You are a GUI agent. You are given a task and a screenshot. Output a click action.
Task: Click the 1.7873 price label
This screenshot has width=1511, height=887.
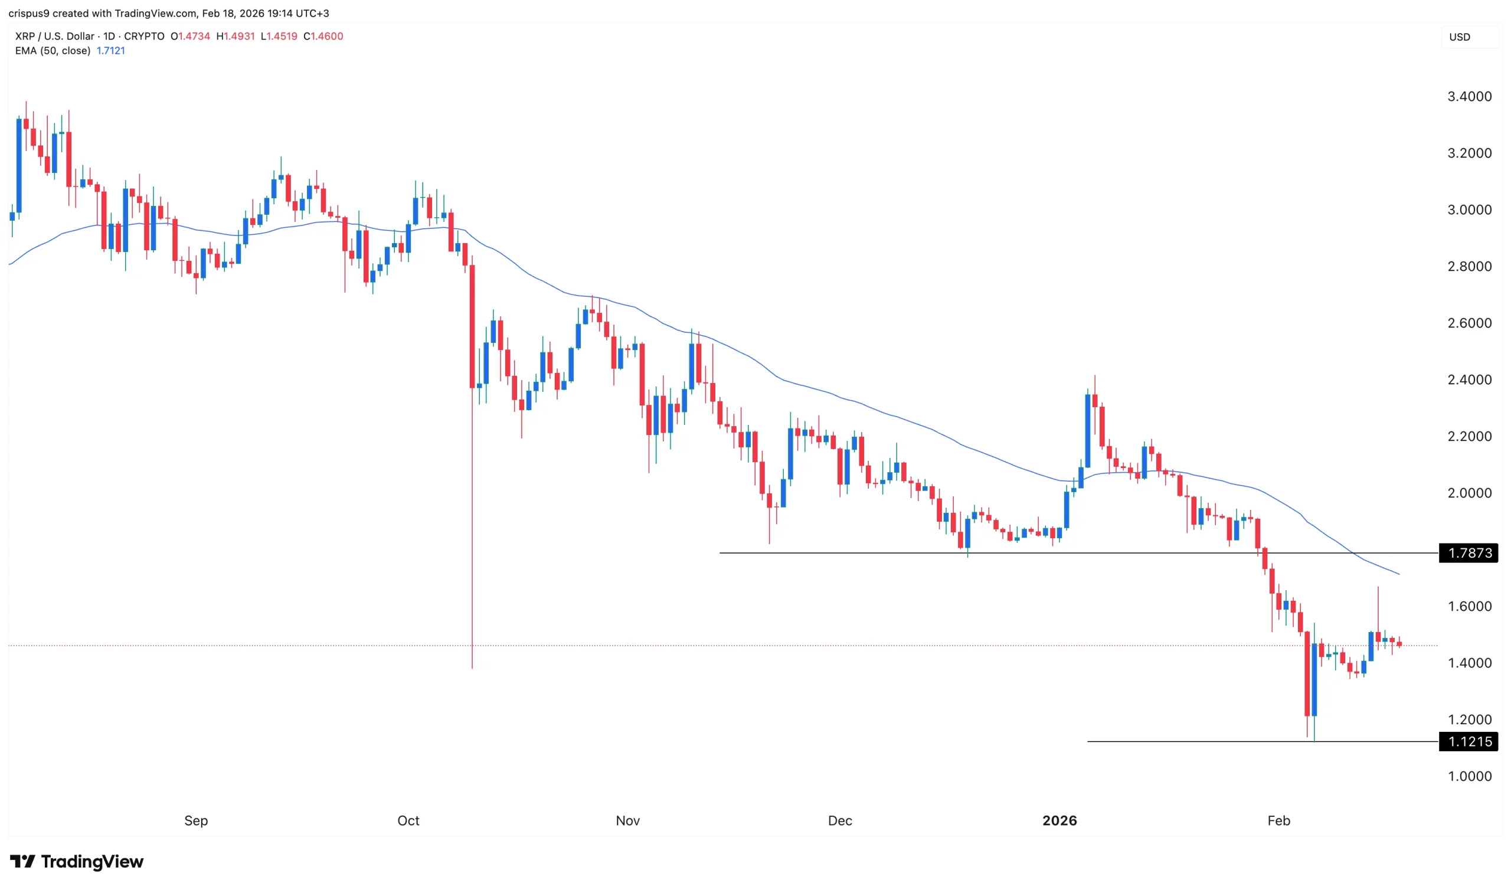(1469, 553)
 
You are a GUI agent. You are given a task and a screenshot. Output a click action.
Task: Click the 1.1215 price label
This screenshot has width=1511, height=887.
(1469, 742)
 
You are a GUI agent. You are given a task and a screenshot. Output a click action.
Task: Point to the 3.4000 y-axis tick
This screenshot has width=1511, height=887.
(1470, 97)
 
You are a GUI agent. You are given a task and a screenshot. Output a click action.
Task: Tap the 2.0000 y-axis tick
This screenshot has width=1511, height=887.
(1470, 493)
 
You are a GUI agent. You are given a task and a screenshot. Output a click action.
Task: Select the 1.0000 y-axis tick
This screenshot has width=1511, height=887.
(1470, 777)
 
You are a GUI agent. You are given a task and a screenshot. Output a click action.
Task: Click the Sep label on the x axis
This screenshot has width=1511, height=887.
(196, 821)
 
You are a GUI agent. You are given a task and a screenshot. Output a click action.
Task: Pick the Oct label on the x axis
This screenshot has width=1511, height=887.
(408, 821)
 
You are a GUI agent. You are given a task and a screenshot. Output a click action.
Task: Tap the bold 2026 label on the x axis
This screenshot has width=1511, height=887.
(1059, 821)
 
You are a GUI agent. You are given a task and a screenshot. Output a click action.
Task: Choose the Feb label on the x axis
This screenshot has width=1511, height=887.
(1278, 821)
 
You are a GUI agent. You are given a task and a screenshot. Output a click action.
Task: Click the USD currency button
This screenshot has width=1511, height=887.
(1460, 37)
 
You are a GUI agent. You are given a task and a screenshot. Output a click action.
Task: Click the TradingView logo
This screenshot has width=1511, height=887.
(77, 862)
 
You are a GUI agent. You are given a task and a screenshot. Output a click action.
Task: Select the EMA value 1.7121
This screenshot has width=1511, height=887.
(111, 51)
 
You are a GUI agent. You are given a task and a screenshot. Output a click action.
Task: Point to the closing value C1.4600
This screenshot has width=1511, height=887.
(323, 37)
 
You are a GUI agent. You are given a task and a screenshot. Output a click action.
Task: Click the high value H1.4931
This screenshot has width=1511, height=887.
(236, 37)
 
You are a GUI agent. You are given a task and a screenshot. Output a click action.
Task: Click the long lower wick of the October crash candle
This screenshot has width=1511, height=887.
(473, 539)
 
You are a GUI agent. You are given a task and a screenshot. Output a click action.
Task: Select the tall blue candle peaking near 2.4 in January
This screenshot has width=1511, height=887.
(1088, 430)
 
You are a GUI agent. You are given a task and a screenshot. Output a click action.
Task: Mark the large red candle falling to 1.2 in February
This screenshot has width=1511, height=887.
(1307, 673)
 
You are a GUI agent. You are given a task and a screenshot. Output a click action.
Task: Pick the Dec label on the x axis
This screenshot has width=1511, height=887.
(839, 821)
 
